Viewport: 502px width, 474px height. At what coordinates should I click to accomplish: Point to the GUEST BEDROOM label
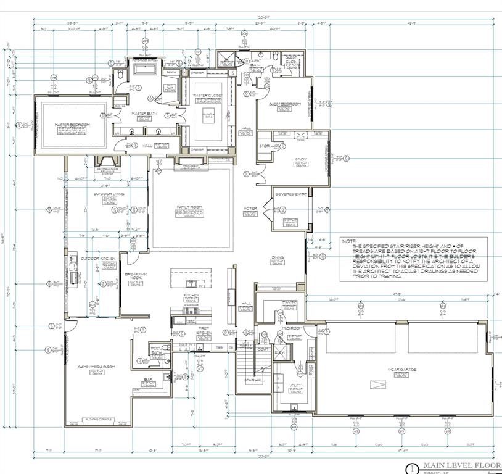[x=284, y=104]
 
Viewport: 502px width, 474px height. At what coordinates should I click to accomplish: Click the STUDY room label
[x=301, y=159]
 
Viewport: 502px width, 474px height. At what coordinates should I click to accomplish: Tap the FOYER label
[x=250, y=209]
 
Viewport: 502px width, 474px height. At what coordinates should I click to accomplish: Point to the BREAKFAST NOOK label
[x=136, y=275]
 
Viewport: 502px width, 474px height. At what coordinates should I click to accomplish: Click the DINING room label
[x=278, y=259]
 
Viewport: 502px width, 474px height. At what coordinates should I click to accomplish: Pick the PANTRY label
[x=290, y=302]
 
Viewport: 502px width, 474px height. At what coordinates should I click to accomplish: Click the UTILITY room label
[x=295, y=385]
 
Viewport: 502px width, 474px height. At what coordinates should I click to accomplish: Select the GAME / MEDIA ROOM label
[x=96, y=367]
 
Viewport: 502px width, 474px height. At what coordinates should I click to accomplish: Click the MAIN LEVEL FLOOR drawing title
[x=463, y=467]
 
